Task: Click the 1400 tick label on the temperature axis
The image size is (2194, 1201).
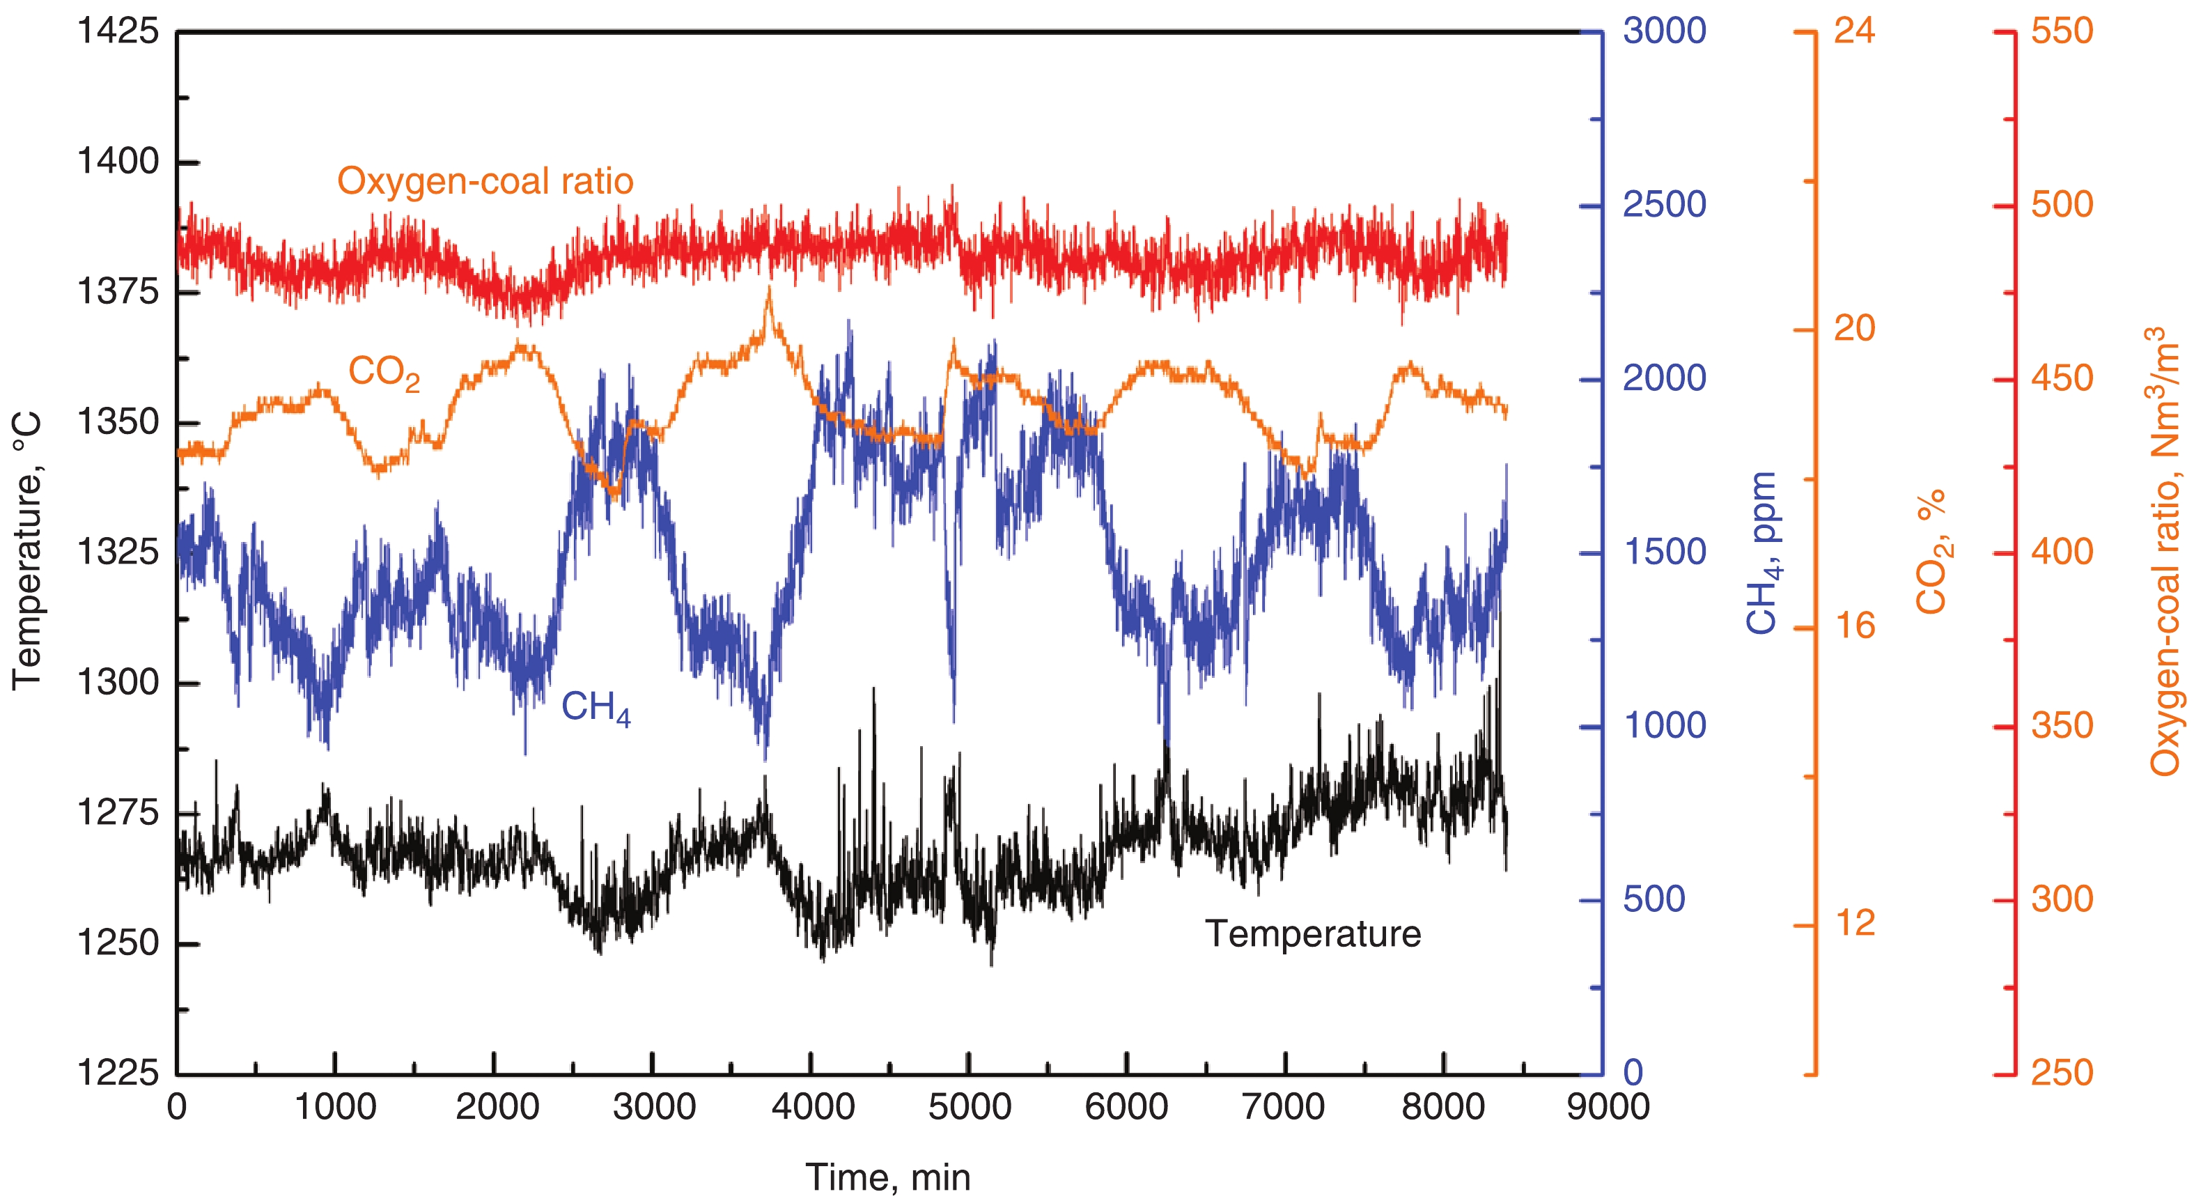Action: click(118, 161)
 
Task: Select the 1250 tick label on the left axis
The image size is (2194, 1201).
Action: click(118, 943)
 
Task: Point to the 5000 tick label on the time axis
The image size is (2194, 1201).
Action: click(970, 1108)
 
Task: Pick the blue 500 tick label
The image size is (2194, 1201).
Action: click(1654, 899)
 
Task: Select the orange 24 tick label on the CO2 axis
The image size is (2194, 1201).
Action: click(1854, 31)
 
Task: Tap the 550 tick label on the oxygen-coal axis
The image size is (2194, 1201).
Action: click(2061, 31)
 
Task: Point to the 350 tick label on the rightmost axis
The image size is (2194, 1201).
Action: click(2061, 726)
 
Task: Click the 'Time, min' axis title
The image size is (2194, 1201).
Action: click(887, 1178)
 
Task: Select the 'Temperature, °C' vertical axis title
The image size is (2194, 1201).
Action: click(27, 550)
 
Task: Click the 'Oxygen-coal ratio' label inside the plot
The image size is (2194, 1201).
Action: click(485, 181)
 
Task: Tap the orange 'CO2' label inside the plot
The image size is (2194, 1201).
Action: click(383, 373)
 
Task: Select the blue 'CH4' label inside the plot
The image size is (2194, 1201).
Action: click(596, 708)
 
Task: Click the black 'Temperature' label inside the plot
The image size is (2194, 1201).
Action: click(1312, 934)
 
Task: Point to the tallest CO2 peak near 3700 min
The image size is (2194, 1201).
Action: click(769, 291)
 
